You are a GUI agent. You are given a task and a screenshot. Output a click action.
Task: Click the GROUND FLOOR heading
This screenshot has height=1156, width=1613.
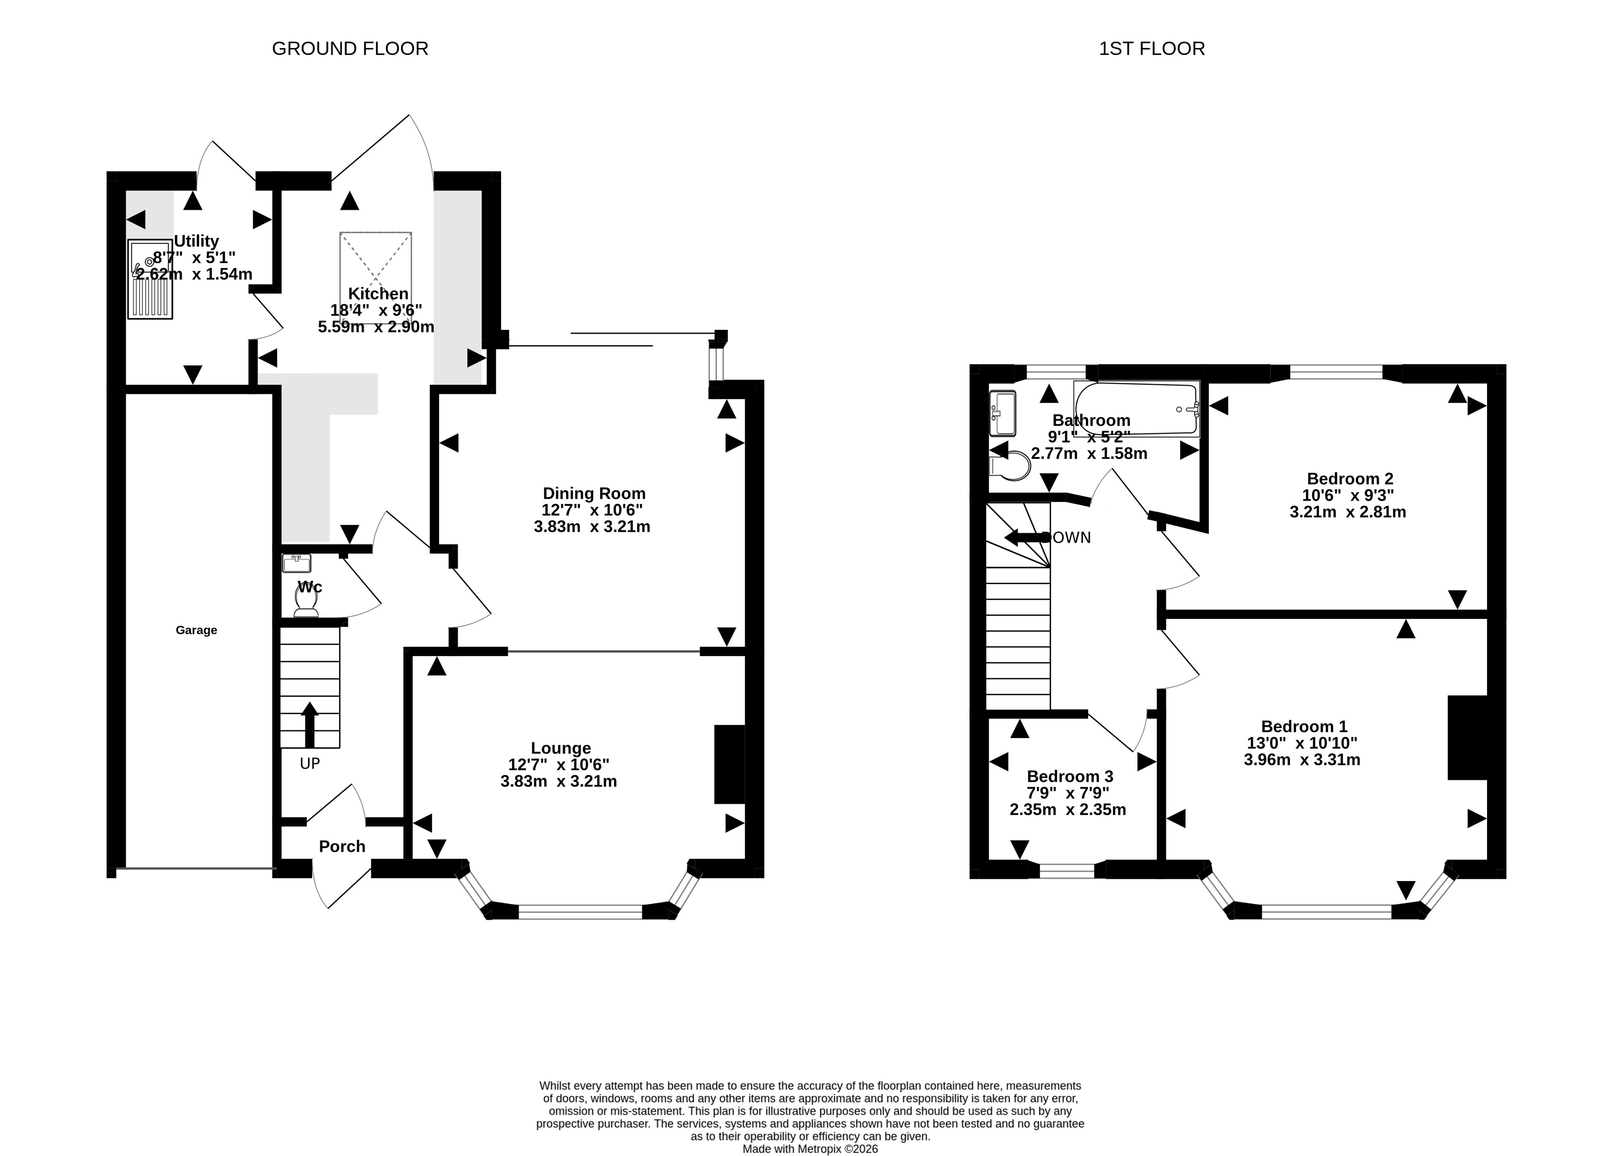[350, 48]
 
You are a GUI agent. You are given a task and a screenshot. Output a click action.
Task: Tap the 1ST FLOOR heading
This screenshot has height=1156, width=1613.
[1152, 48]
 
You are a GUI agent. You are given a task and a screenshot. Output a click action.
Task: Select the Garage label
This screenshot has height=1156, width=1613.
[196, 630]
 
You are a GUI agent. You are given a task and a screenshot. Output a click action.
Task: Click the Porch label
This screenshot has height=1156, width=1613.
[342, 846]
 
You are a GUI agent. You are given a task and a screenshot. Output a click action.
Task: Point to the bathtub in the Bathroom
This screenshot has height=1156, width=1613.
[1137, 409]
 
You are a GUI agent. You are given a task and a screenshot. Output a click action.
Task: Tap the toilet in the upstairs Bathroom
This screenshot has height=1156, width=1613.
[1009, 467]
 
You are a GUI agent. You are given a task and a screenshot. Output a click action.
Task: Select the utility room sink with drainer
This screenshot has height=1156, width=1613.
[150, 280]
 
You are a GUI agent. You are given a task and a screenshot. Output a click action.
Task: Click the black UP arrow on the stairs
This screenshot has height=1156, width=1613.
[309, 725]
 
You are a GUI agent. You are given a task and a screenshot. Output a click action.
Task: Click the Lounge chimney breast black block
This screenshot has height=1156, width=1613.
[729, 764]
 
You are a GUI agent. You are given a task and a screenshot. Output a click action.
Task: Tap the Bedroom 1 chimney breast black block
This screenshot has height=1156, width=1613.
[1467, 737]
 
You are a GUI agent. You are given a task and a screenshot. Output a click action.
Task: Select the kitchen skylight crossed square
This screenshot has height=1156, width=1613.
[375, 278]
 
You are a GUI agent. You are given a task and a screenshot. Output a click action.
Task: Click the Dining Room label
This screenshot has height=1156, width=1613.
[594, 494]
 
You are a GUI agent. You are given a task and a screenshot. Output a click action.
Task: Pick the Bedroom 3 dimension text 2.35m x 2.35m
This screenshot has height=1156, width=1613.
[1067, 809]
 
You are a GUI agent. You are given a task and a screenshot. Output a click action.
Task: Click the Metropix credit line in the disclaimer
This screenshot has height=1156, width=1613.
[810, 1149]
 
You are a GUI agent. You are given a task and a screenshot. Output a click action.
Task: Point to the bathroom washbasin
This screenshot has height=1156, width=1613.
[1002, 413]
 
